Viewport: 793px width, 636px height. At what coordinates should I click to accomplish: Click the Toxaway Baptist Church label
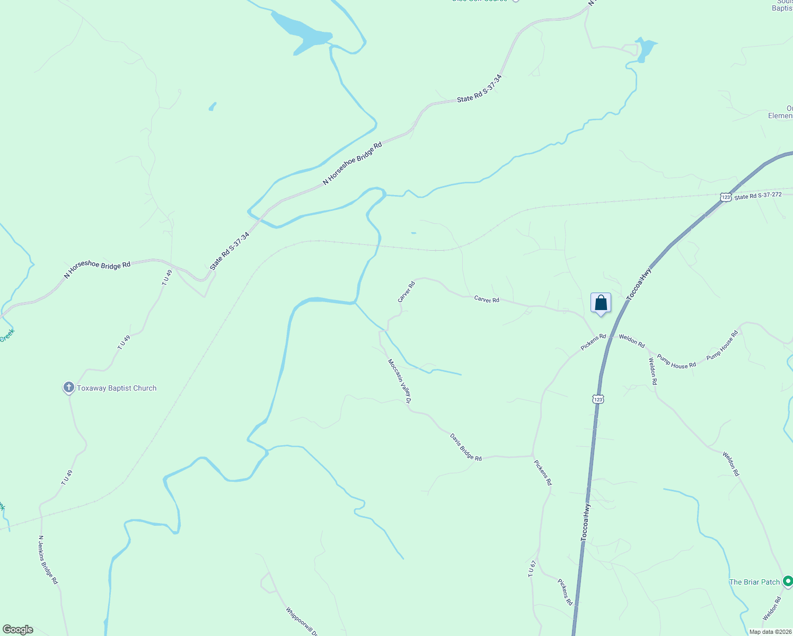tap(117, 388)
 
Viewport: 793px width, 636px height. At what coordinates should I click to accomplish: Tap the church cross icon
tap(68, 387)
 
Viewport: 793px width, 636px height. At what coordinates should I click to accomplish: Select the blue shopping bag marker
tap(601, 304)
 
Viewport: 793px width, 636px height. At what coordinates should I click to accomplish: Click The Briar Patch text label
tap(754, 582)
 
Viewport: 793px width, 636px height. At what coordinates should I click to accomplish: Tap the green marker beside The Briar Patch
tap(788, 581)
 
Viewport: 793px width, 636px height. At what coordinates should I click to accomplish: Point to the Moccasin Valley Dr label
tap(400, 381)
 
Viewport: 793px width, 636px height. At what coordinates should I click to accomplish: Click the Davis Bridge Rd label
tap(465, 447)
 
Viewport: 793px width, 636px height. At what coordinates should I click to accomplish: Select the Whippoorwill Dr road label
tap(302, 621)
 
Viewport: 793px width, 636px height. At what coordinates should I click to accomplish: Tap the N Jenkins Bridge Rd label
tap(48, 559)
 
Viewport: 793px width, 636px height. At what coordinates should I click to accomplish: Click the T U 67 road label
tap(532, 568)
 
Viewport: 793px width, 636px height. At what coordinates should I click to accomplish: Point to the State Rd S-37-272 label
tap(758, 196)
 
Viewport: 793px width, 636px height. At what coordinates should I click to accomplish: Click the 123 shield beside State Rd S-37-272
tap(726, 197)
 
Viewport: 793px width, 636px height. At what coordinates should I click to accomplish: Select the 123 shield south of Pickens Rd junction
tap(598, 399)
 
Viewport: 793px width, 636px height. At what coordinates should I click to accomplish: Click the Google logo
tap(18, 630)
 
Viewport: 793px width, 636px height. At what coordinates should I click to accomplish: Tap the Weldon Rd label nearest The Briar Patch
tap(772, 608)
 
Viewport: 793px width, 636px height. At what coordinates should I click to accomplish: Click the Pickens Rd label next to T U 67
tap(565, 591)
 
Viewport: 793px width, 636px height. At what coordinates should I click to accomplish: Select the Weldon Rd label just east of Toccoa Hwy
tap(632, 341)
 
